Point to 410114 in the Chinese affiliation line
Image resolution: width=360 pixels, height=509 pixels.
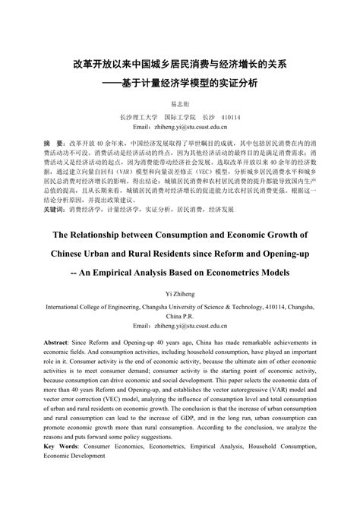pos(230,118)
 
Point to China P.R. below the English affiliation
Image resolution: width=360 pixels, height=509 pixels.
pos(180,315)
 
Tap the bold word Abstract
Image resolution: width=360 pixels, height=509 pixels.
pos(60,343)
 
